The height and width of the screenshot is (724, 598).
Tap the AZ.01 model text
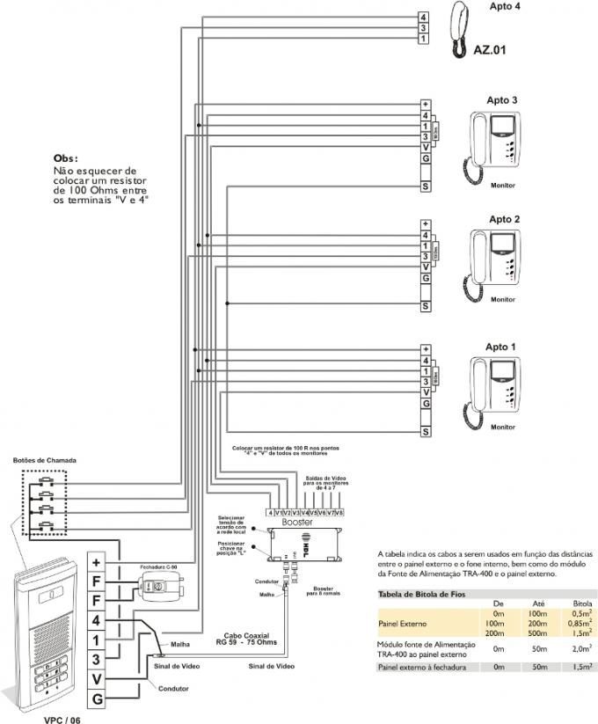pos(490,49)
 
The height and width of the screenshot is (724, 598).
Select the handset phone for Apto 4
pos(460,30)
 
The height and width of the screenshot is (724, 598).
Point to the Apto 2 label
pos(505,219)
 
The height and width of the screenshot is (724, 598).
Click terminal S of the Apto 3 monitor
pos(425,187)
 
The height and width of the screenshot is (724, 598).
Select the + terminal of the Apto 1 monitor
pos(425,348)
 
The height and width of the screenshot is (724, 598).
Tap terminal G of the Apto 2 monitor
pos(425,278)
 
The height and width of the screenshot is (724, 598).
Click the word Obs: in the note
pos(65,158)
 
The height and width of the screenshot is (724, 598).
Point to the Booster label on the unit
pos(297,522)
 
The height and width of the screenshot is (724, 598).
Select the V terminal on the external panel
pos(98,677)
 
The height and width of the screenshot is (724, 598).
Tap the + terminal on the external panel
pos(98,561)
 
